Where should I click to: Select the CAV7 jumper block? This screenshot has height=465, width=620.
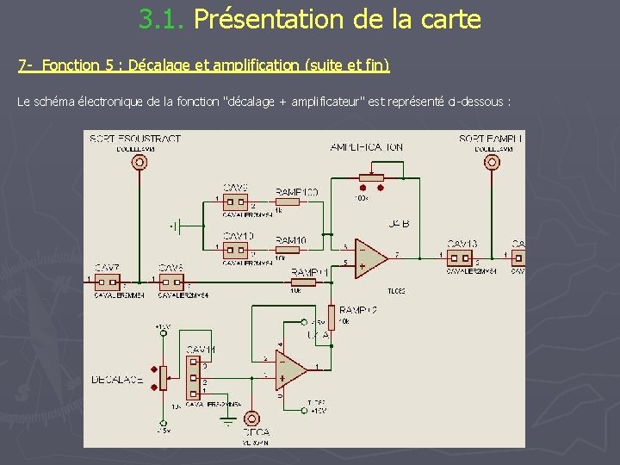pyautogui.click(x=108, y=281)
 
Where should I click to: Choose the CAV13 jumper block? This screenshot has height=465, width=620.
pyautogui.click(x=460, y=257)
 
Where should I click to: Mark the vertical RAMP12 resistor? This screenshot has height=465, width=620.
pyautogui.click(x=330, y=317)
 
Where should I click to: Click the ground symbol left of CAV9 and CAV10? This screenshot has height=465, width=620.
pyautogui.click(x=177, y=226)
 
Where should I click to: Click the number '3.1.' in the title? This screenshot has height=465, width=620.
pyautogui.click(x=164, y=19)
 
